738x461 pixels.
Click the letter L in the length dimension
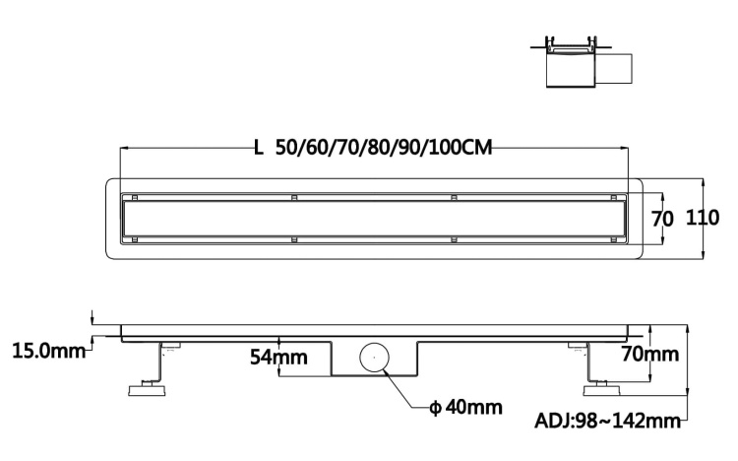pyautogui.click(x=258, y=149)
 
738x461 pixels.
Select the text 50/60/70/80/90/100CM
pyautogui.click(x=384, y=149)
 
